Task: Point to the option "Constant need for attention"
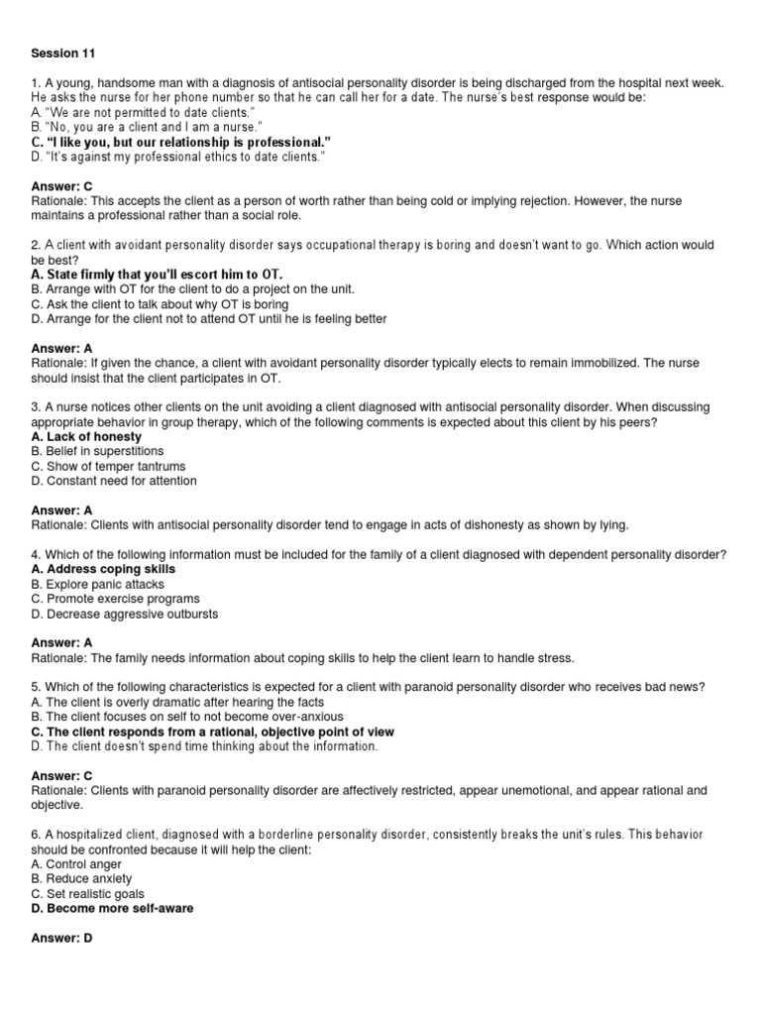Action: [x=114, y=481]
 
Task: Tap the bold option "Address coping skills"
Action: [x=103, y=569]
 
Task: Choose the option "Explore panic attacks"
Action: [x=97, y=584]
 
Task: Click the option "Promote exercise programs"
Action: [x=115, y=599]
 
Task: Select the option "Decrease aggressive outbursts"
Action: [x=125, y=614]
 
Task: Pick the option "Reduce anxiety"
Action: [x=81, y=878]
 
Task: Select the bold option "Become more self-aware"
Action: [x=112, y=908]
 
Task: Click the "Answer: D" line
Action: [x=61, y=938]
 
